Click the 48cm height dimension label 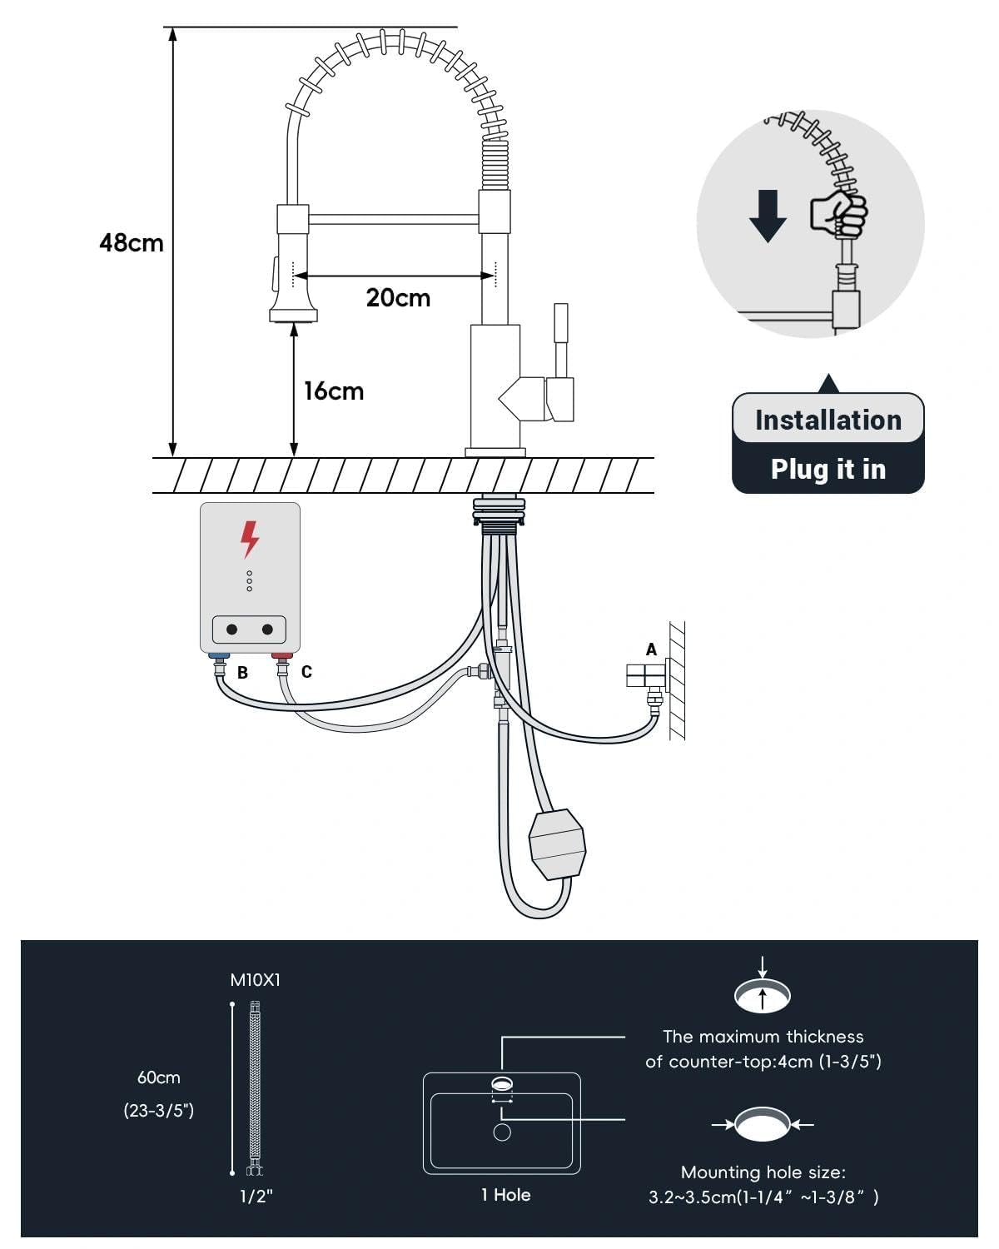[132, 242]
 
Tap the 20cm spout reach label [398, 298]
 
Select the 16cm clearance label [334, 391]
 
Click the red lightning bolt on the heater [250, 540]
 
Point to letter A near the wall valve [651, 649]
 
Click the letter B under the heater [242, 673]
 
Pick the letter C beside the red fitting [306, 671]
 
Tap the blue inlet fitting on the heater [219, 656]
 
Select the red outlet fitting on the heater [282, 656]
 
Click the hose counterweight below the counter [557, 844]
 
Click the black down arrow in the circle [768, 216]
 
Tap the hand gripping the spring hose [839, 213]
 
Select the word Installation [828, 420]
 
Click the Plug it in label [828, 469]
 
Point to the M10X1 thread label [255, 980]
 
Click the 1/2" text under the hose [256, 1197]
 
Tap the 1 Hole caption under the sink [505, 1195]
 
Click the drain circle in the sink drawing [501, 1132]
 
